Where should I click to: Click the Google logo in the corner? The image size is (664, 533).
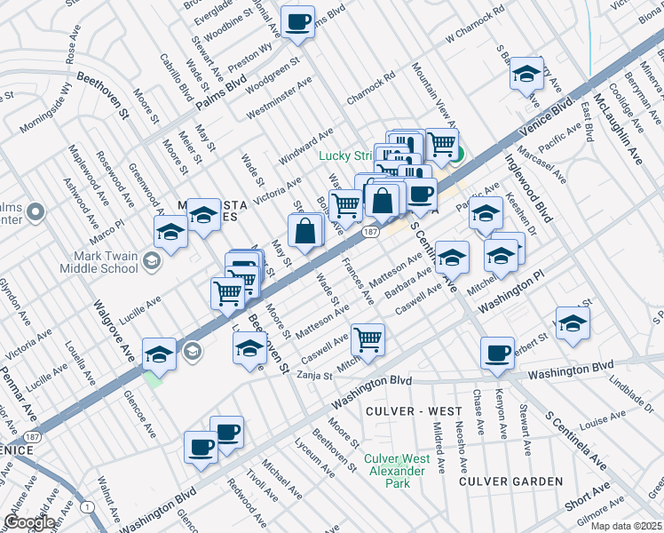tap(28, 522)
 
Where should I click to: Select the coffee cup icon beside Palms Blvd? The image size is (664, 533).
tap(297, 21)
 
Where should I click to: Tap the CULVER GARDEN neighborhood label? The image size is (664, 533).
tap(510, 481)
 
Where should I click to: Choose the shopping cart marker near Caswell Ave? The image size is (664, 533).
tap(367, 338)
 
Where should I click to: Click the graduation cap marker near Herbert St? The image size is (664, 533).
tap(573, 324)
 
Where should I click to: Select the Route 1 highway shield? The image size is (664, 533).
tap(86, 506)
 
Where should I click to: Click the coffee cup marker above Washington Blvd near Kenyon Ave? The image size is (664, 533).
tap(496, 353)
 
